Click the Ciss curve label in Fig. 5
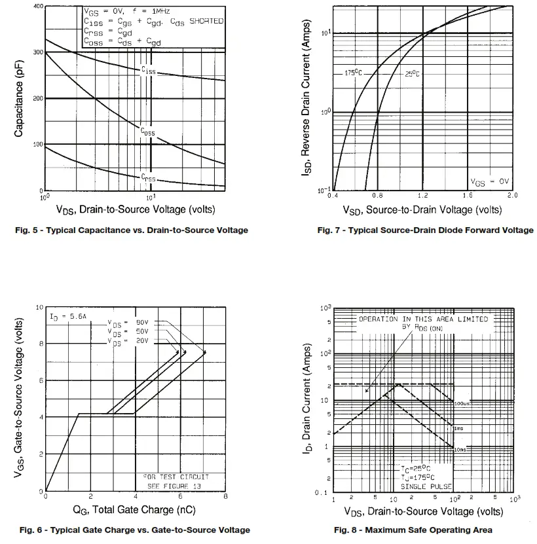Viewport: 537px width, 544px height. coord(148,69)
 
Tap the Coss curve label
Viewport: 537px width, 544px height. coord(148,131)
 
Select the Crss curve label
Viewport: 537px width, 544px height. coord(148,177)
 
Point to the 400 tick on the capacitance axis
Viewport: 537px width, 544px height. coord(38,7)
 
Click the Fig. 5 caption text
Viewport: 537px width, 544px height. coord(134,230)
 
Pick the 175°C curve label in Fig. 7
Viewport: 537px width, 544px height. coord(352,73)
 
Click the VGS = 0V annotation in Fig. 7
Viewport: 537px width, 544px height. coord(489,181)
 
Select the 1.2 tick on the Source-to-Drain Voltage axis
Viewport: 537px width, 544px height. coord(422,196)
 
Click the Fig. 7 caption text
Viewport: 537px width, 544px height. coord(425,230)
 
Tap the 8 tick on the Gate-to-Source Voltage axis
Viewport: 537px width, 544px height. coord(40,344)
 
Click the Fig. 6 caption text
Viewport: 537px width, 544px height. coord(134,530)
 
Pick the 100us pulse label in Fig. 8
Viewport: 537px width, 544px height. coord(462,403)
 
